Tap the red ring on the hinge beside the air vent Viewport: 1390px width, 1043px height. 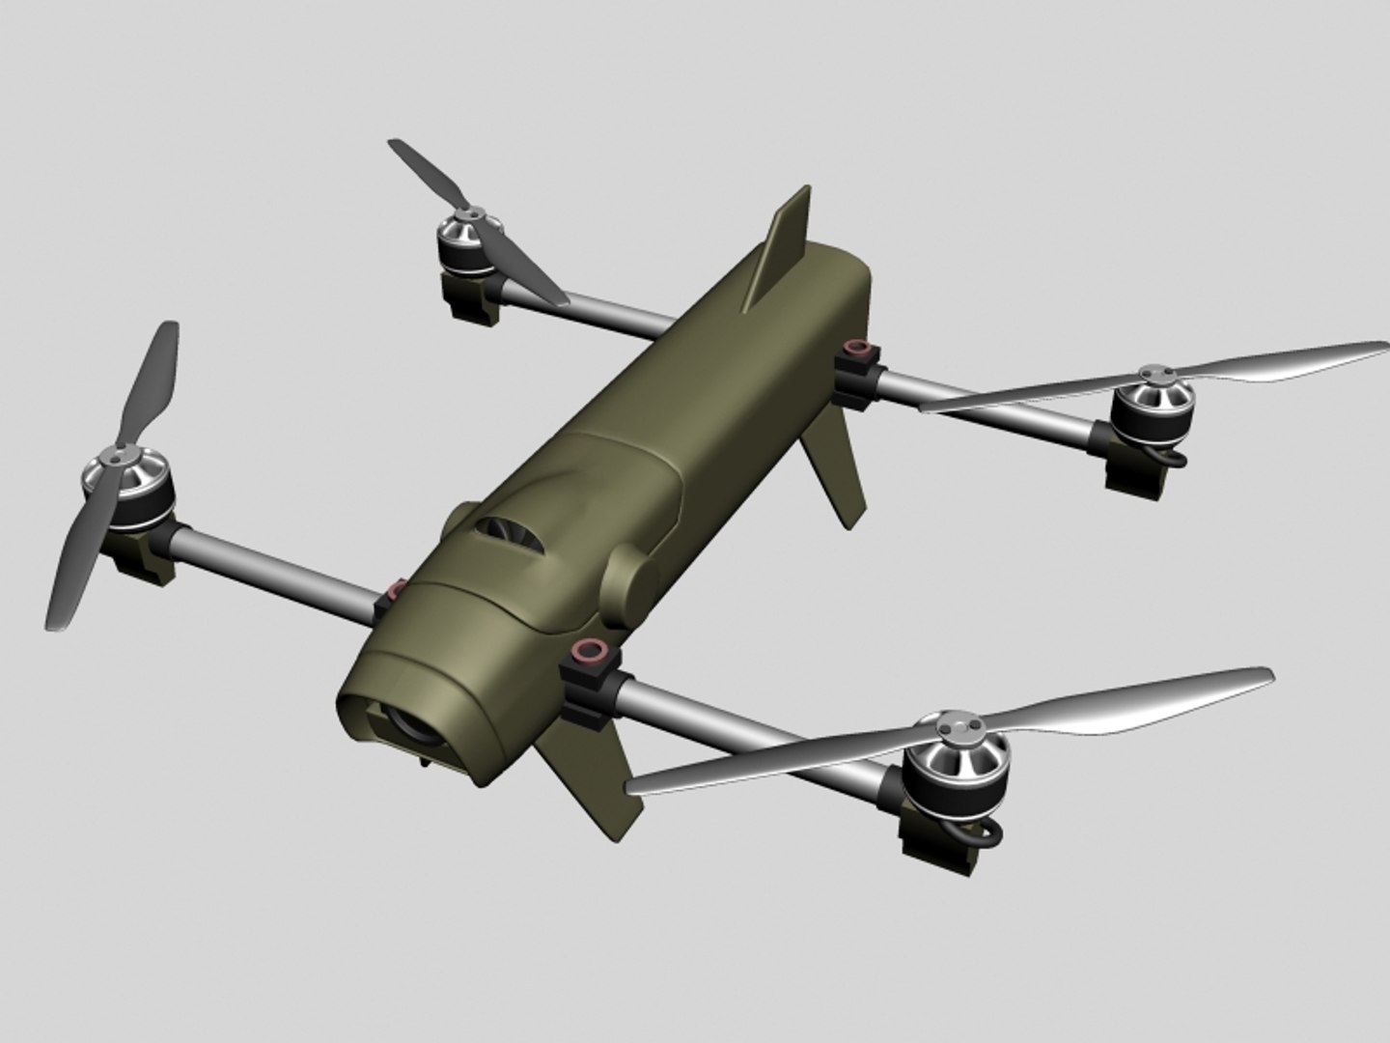tap(395, 588)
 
